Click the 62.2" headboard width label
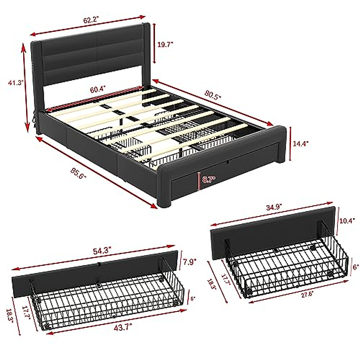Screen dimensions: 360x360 (x=91, y=21)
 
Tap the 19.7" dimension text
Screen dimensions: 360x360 (x=165, y=44)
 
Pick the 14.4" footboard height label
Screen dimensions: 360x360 (x=301, y=143)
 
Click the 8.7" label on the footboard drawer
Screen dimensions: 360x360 (x=209, y=180)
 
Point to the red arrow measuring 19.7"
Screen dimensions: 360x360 (x=154, y=43)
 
